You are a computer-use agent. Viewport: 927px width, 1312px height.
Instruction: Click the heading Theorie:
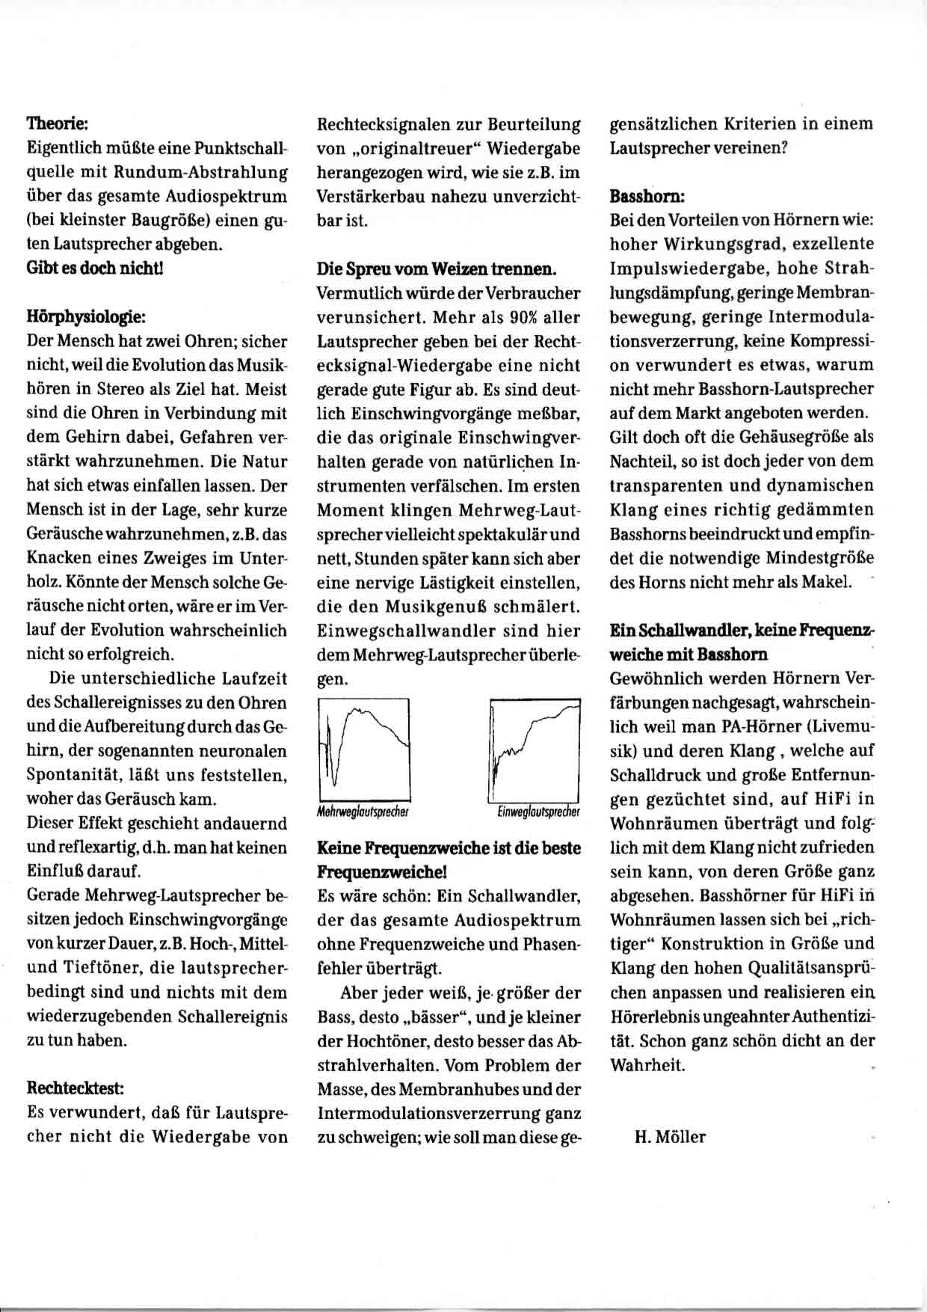tap(58, 123)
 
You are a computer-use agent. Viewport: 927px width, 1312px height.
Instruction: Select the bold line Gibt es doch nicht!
tap(95, 268)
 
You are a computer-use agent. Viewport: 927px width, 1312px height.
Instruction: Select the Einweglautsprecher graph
tap(535, 748)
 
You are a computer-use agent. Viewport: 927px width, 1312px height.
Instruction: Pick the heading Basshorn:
tap(647, 196)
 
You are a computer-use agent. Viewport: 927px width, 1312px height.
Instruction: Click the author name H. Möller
tap(670, 1137)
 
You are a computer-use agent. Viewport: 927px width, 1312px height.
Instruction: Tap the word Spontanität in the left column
tap(70, 775)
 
